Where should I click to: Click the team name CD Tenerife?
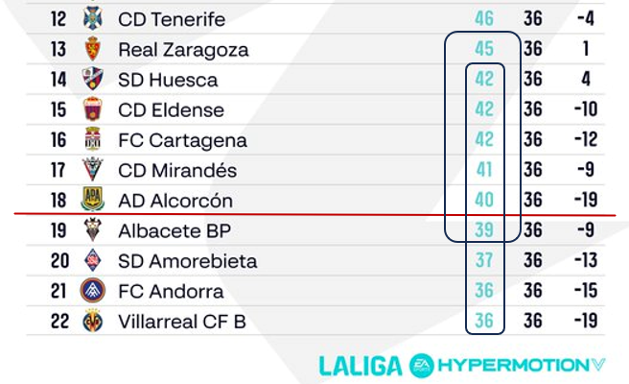point(172,19)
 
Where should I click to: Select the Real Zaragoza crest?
point(93,49)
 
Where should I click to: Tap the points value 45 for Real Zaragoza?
point(483,49)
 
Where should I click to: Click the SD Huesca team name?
point(168,80)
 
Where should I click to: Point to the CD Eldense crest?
point(93,109)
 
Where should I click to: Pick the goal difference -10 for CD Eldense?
point(585,109)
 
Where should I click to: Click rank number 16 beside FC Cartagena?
point(59,140)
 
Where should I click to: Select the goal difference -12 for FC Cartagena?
point(585,140)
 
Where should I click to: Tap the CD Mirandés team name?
point(176,171)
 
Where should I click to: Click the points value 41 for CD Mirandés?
point(483,171)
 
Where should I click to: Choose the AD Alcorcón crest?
point(93,201)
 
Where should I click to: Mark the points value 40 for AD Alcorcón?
point(483,201)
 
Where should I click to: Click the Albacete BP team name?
point(175,231)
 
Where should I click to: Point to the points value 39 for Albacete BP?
point(483,231)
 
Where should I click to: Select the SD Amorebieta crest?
point(93,261)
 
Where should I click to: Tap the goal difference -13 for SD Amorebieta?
point(585,261)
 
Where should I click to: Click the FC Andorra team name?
point(171,292)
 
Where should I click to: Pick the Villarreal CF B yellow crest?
point(93,322)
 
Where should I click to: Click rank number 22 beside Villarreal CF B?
point(59,322)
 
